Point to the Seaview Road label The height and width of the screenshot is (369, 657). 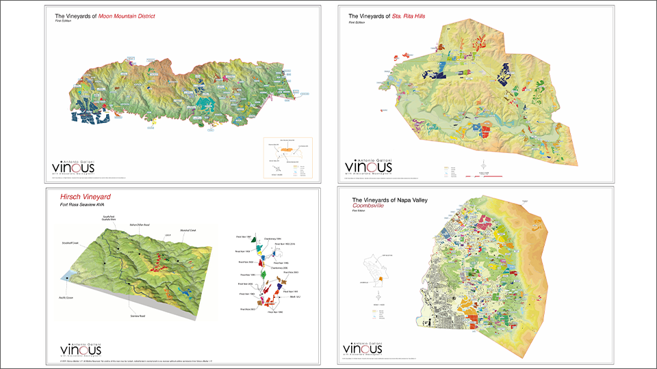pos(139,316)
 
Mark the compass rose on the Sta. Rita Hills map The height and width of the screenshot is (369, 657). pos(485,164)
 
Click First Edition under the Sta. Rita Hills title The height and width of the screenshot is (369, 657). pos(357,22)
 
